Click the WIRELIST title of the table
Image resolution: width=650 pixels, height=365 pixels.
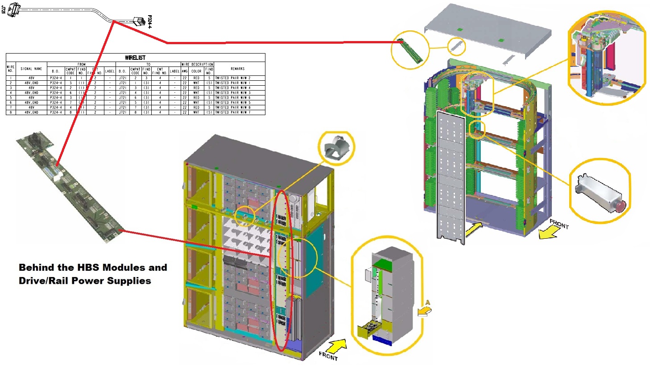135,58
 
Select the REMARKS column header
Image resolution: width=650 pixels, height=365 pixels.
237,69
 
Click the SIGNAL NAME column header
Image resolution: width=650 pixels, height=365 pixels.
31,69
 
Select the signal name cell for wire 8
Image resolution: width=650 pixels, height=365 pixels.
31,112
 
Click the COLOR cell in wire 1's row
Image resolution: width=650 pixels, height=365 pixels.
196,78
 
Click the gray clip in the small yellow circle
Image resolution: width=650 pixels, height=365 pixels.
335,148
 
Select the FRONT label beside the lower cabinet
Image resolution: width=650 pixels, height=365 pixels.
328,356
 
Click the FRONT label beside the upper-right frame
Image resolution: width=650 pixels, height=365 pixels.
559,224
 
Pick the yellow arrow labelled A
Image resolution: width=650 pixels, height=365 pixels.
425,309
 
